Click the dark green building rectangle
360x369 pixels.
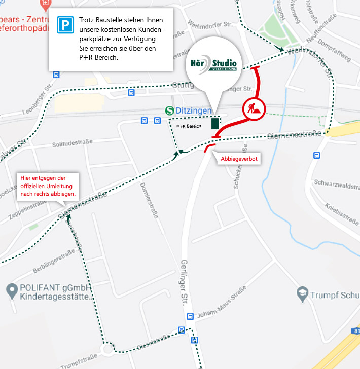215,123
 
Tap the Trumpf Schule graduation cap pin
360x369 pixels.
302,293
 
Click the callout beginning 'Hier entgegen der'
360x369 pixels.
48,186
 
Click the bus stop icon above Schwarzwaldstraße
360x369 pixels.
317,156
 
